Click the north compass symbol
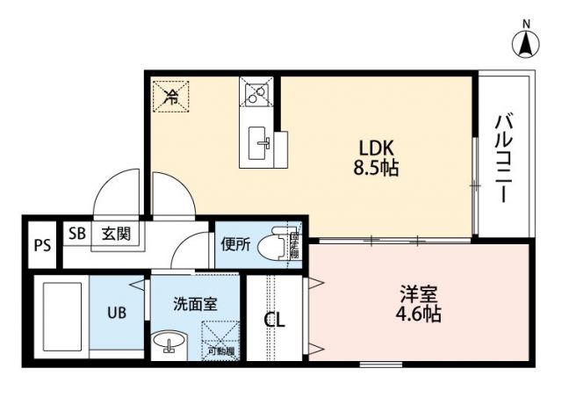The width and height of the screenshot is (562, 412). point(526,41)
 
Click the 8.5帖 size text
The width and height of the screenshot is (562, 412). point(378,167)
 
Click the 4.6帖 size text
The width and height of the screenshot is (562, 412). point(417,314)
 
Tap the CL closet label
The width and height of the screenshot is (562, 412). point(275,321)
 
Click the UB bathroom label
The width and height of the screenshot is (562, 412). point(117,311)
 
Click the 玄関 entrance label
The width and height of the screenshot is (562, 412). point(114,234)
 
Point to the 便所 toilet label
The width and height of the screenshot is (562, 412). point(235,245)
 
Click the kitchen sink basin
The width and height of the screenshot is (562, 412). point(261,143)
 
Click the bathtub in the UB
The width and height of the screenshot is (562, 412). point(61,316)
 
